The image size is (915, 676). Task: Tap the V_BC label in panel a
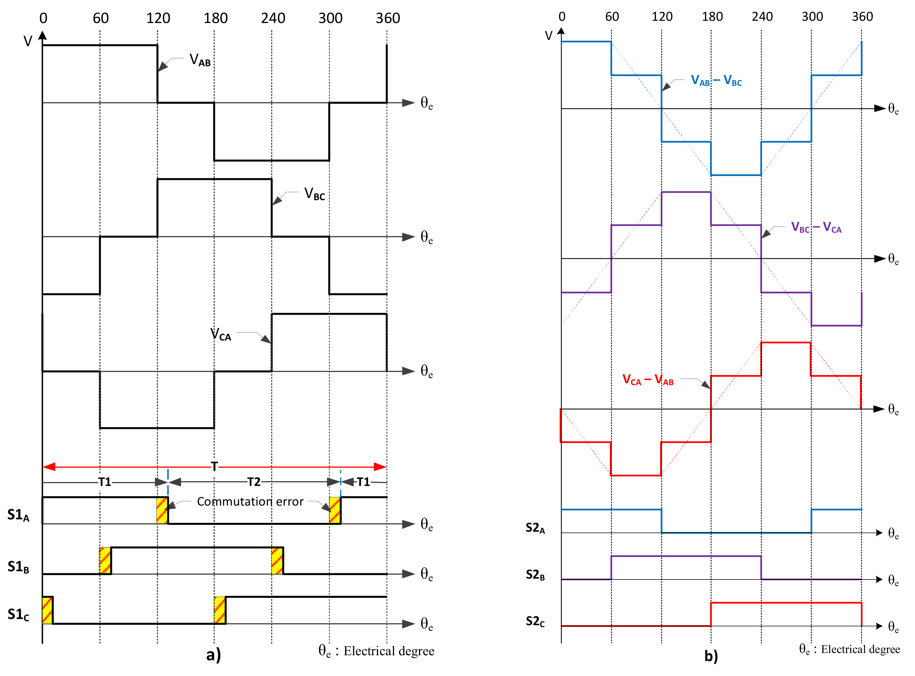[315, 194]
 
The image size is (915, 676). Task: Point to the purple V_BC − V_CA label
[816, 227]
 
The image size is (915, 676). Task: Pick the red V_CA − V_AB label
[648, 380]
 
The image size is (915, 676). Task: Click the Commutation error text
[250, 502]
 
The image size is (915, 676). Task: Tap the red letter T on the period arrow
[214, 467]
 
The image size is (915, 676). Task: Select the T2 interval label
[254, 482]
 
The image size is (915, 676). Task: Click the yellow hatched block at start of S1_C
[47, 610]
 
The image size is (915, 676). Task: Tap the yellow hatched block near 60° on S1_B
[105, 561]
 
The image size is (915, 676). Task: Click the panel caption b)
[711, 656]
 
